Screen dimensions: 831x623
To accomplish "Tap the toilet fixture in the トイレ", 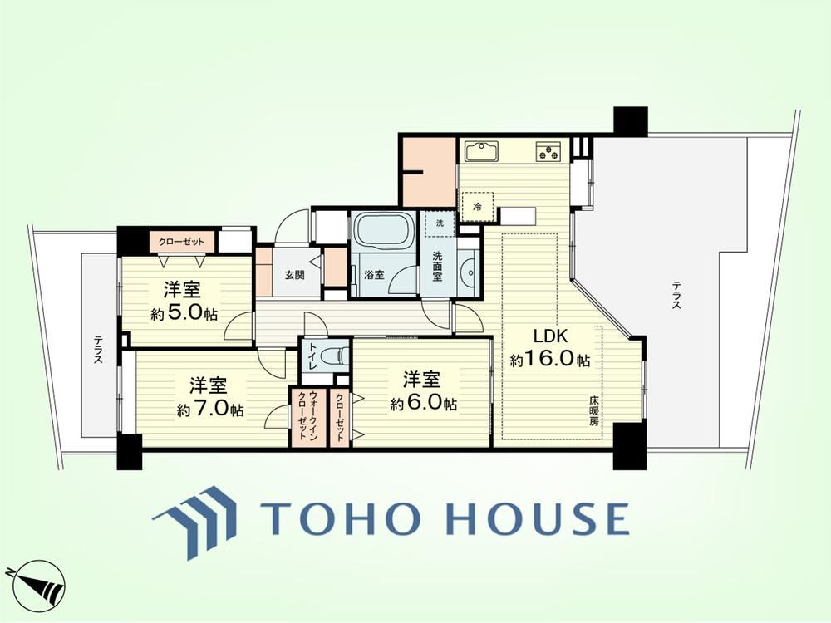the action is pyautogui.click(x=334, y=353).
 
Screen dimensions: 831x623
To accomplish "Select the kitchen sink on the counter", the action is pyautogui.click(x=482, y=151).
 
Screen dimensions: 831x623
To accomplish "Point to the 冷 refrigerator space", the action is pyautogui.click(x=477, y=207).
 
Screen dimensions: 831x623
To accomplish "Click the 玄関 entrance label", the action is pyautogui.click(x=294, y=275).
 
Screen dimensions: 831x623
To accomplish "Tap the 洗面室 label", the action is pyautogui.click(x=437, y=266).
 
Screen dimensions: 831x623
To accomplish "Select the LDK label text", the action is pyautogui.click(x=550, y=336).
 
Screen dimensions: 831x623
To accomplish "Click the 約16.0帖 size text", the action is pyautogui.click(x=549, y=360).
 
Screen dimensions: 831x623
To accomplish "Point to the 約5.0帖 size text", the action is pyautogui.click(x=184, y=314).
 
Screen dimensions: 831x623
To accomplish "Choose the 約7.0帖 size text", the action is pyautogui.click(x=210, y=409).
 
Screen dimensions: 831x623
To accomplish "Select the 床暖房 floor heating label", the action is pyautogui.click(x=593, y=411).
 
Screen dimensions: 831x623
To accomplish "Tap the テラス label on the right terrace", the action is pyautogui.click(x=676, y=295).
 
